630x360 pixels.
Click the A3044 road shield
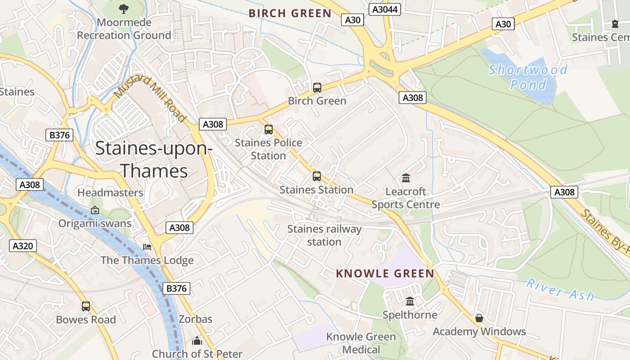coord(385,9)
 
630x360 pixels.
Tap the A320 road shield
coord(22,246)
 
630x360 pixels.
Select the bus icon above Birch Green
coord(317,88)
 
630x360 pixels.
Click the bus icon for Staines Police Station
coord(269,130)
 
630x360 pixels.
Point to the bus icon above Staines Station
coord(317,176)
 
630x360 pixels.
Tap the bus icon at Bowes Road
coord(86,306)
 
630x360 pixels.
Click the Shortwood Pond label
coord(528,77)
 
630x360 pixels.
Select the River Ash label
coord(560,290)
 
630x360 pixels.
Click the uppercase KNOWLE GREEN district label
coord(385,274)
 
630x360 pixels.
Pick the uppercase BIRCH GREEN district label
coord(290,13)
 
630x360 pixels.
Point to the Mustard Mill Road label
coord(150,99)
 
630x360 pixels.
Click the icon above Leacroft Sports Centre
coord(406,178)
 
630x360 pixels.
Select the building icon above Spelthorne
coord(410,301)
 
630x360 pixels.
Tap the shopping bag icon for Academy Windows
coord(479,318)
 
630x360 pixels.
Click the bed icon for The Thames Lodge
coord(147,247)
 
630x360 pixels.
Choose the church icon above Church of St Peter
coord(197,341)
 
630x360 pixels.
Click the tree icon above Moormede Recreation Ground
coord(124,9)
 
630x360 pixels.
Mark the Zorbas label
coord(195,319)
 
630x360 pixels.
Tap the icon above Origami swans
coord(95,210)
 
